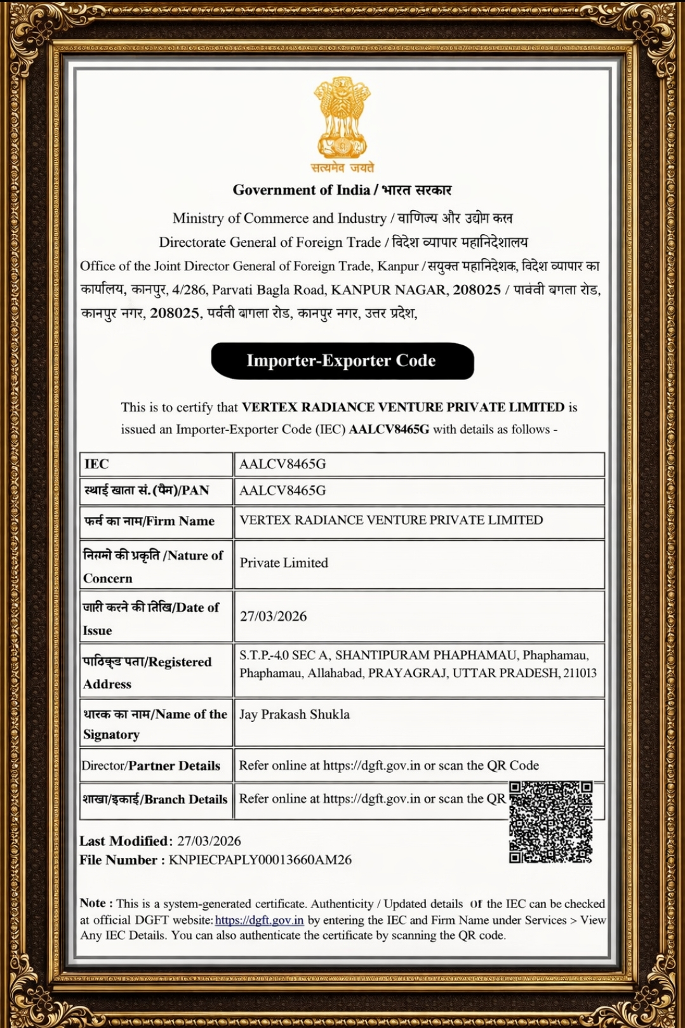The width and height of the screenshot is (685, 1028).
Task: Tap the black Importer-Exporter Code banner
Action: [x=342, y=360]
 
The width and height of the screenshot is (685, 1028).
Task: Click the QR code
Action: [x=550, y=822]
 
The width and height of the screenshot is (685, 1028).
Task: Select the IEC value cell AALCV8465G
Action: [x=283, y=464]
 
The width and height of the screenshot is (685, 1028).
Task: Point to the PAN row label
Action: [x=147, y=491]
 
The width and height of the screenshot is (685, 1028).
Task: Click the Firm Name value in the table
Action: [x=391, y=520]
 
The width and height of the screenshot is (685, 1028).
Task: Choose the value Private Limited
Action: [x=284, y=563]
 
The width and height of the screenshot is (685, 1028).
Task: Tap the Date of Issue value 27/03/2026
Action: [x=273, y=616]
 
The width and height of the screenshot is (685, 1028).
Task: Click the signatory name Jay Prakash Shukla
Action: [x=295, y=715]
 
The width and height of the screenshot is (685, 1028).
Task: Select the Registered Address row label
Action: [x=147, y=673]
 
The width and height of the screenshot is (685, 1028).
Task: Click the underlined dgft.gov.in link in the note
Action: [x=259, y=920]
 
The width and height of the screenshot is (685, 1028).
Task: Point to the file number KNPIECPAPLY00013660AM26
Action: [x=260, y=860]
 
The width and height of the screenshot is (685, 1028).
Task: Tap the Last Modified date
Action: [x=209, y=841]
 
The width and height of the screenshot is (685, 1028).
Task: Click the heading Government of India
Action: [x=302, y=190]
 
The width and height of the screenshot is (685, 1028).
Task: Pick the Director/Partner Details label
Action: [x=151, y=766]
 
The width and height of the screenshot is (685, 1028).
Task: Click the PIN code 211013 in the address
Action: [x=580, y=673]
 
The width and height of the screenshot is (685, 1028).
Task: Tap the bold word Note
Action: [x=93, y=903]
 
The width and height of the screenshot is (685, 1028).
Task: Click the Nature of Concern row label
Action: [x=153, y=566]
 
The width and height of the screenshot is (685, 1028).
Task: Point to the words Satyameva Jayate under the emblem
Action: [x=342, y=168]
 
